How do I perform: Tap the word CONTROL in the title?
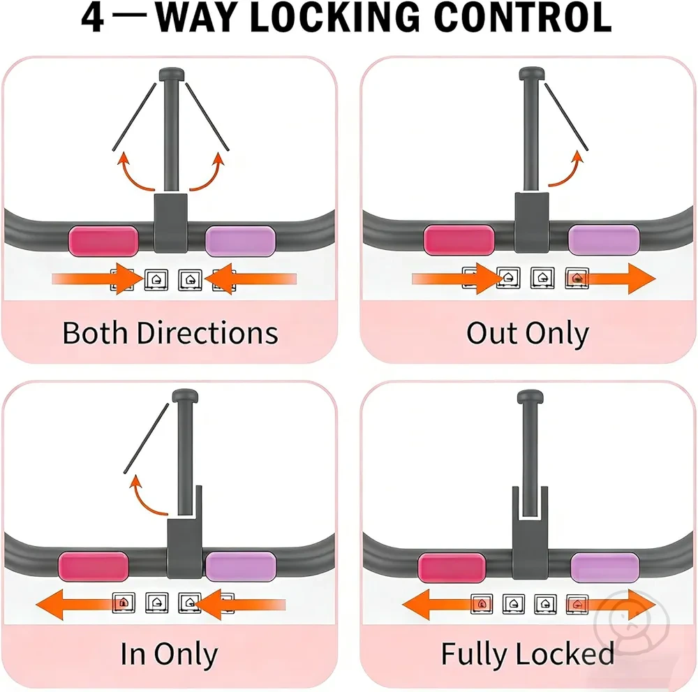[523, 17]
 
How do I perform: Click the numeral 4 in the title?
[93, 18]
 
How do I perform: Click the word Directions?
[207, 332]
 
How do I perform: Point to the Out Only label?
[528, 334]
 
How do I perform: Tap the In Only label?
[169, 654]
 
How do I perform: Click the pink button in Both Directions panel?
[103, 241]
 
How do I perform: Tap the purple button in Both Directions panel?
[240, 241]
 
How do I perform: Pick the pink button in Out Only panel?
[459, 240]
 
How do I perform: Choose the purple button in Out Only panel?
[604, 240]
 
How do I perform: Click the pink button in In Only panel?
[94, 566]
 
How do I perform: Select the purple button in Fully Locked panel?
[605, 567]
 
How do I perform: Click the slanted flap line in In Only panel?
[147, 439]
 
